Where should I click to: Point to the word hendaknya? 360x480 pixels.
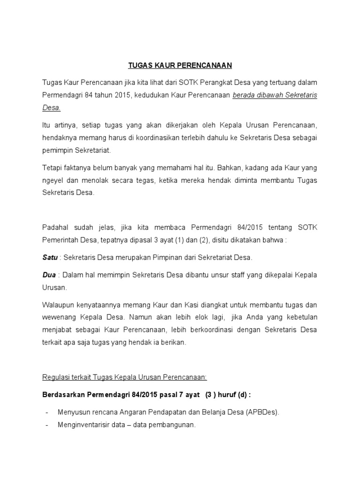coord(58,138)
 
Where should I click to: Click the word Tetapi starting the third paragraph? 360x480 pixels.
coord(52,167)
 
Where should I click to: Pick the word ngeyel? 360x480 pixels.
coord(52,180)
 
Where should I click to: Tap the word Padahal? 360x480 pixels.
coord(55,227)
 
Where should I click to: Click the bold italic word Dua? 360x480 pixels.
coord(49,274)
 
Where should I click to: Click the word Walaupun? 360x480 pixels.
coord(60,304)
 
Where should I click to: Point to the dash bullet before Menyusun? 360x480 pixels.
coord(47,412)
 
